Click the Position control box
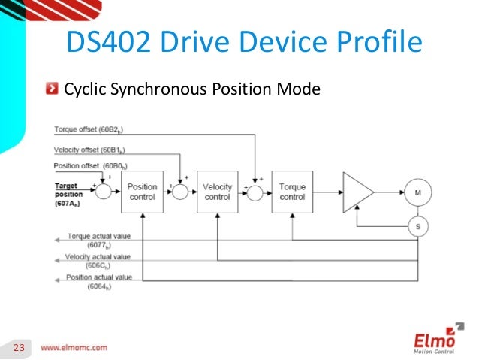pos(142,192)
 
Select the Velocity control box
pos(217,192)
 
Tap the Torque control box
pos(292,192)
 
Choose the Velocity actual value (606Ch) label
pos(98,261)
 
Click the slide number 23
pos(17,347)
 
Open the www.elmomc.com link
pos(74,347)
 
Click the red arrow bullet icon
pos(50,91)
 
